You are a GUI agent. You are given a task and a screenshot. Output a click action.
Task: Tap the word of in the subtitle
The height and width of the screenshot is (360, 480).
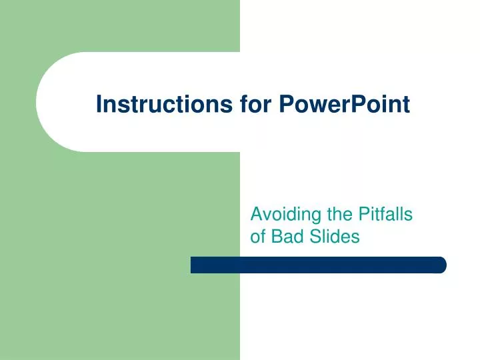(257, 236)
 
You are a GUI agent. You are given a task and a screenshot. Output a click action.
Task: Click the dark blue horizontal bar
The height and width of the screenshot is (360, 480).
(319, 265)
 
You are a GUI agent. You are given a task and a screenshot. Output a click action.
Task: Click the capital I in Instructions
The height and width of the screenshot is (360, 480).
(99, 104)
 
